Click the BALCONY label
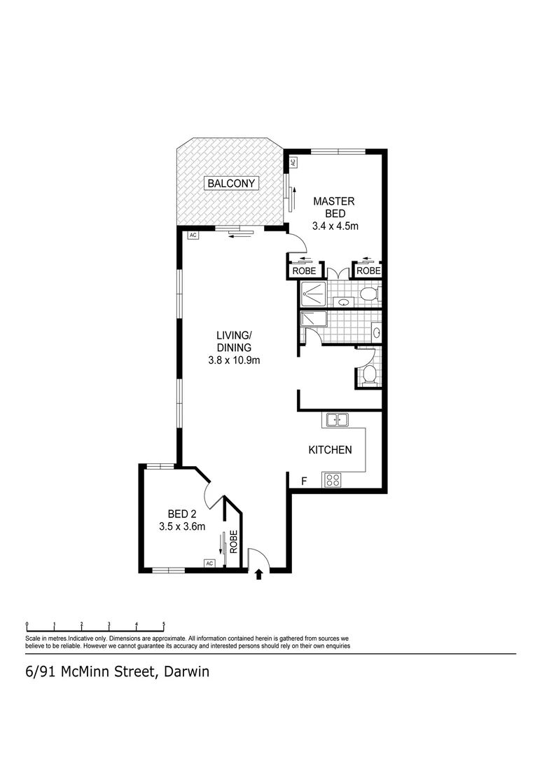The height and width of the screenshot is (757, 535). point(232,184)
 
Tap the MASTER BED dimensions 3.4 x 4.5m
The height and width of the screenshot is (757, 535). point(335,226)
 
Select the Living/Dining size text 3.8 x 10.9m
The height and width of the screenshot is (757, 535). point(234,360)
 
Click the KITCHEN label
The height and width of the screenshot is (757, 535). point(330,450)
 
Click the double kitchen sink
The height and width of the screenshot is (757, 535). point(337,421)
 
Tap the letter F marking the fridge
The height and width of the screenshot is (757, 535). point(304,482)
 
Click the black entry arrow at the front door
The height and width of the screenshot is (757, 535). point(259,575)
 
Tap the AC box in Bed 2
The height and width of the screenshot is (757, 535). point(209,563)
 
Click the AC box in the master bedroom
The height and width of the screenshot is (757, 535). point(293,162)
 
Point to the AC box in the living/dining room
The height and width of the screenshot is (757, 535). point(193,236)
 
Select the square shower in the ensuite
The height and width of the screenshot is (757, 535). point(312,294)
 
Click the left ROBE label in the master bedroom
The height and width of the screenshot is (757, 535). point(304,271)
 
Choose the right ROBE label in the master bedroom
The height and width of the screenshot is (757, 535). point(368,271)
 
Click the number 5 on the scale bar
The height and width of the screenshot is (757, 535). point(163,624)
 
